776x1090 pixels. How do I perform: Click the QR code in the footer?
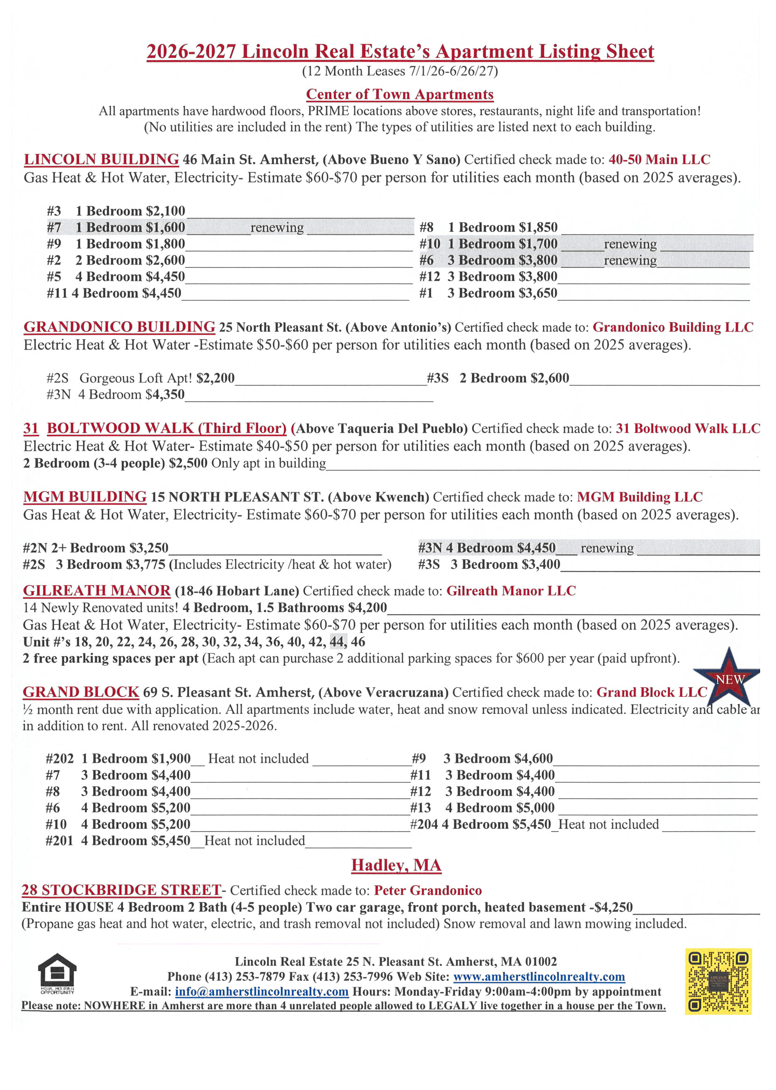(x=718, y=981)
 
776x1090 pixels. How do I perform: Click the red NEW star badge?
(x=727, y=677)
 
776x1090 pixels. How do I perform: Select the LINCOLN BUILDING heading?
(x=101, y=159)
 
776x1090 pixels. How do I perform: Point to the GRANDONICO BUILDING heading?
(x=119, y=327)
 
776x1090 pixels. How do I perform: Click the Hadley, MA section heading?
(x=396, y=865)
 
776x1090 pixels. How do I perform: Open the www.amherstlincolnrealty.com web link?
(x=539, y=976)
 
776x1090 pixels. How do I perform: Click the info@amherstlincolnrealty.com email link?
(x=261, y=992)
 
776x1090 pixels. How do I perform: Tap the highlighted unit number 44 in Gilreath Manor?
(x=338, y=642)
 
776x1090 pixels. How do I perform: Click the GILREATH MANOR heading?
(x=97, y=591)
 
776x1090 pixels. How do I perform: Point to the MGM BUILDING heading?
(x=84, y=497)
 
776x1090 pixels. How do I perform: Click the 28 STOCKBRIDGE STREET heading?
(x=121, y=890)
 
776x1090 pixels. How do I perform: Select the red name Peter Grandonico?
(x=428, y=891)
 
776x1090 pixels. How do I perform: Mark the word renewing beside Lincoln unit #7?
(x=277, y=228)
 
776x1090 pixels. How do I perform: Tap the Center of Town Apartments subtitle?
(x=400, y=94)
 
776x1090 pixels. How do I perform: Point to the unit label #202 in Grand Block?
(x=60, y=759)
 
